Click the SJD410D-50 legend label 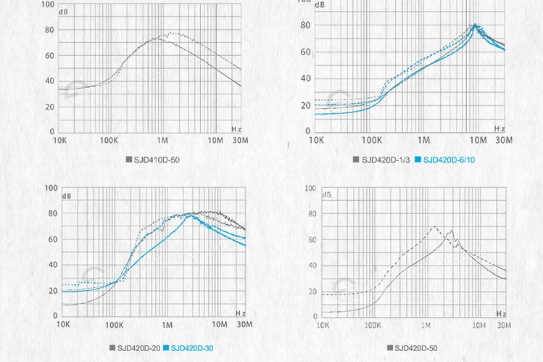tap(155, 157)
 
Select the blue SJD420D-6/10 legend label tap(449, 160)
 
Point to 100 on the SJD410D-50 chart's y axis tap(46, 4)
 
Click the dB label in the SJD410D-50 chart tap(67, 12)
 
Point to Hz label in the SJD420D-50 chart tap(500, 313)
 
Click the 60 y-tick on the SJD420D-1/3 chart tap(305, 52)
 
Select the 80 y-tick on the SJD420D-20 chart tap(51, 213)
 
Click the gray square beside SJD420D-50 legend tap(390, 347)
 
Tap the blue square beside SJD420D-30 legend tap(166, 347)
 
